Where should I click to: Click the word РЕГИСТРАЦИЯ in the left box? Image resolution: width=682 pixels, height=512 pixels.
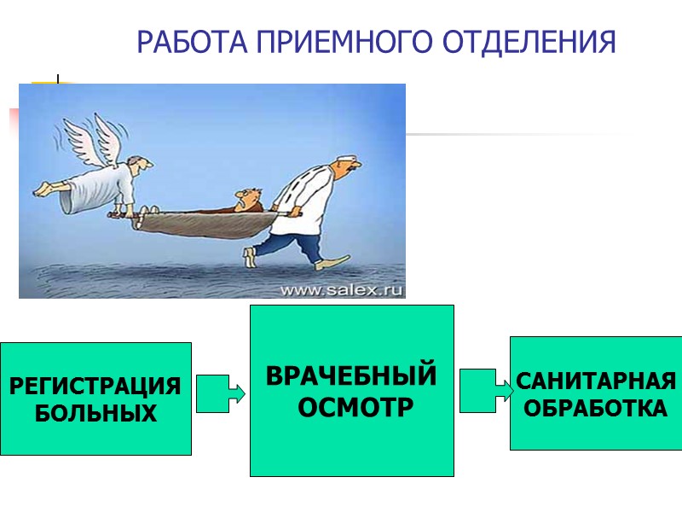click(x=95, y=387)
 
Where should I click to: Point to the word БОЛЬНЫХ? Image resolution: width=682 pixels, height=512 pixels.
click(x=95, y=414)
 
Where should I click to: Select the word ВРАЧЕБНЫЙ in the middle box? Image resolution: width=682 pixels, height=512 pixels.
click(x=351, y=376)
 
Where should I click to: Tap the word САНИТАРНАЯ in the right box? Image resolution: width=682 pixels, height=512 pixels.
click(x=596, y=381)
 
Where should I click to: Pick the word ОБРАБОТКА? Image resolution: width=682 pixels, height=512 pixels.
click(x=596, y=409)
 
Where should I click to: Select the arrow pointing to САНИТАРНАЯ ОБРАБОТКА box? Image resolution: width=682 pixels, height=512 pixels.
click(x=485, y=390)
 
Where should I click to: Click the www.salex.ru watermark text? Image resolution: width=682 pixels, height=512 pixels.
click(x=341, y=289)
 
